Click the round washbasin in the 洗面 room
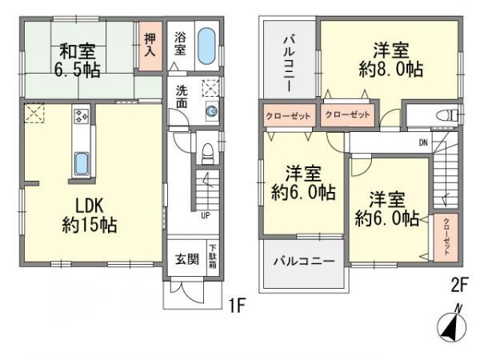click(211, 112)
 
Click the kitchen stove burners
click(82, 117)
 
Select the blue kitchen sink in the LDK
click(82, 163)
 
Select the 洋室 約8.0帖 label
click(390, 58)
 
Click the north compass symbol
click(451, 326)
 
